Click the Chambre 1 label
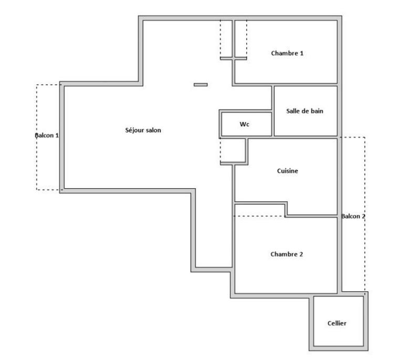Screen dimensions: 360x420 tap(287, 53)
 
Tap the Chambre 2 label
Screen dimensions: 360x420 tap(287, 254)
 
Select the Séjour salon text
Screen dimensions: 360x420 tap(143, 130)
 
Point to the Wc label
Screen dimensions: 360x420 tap(244, 125)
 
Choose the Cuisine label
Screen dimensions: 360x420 tap(287, 171)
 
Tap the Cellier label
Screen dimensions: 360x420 tap(337, 324)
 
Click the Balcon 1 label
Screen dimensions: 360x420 tap(47, 135)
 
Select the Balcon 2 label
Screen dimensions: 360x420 tap(353, 216)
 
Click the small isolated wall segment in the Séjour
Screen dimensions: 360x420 tap(201, 85)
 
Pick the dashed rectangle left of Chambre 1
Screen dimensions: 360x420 tap(227, 39)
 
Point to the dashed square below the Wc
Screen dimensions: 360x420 tap(232, 151)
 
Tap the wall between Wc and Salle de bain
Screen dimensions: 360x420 tap(272, 124)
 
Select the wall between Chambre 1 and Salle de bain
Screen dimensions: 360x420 tap(304, 84)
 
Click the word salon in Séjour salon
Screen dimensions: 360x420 tap(152, 130)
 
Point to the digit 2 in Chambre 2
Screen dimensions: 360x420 tap(301, 254)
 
